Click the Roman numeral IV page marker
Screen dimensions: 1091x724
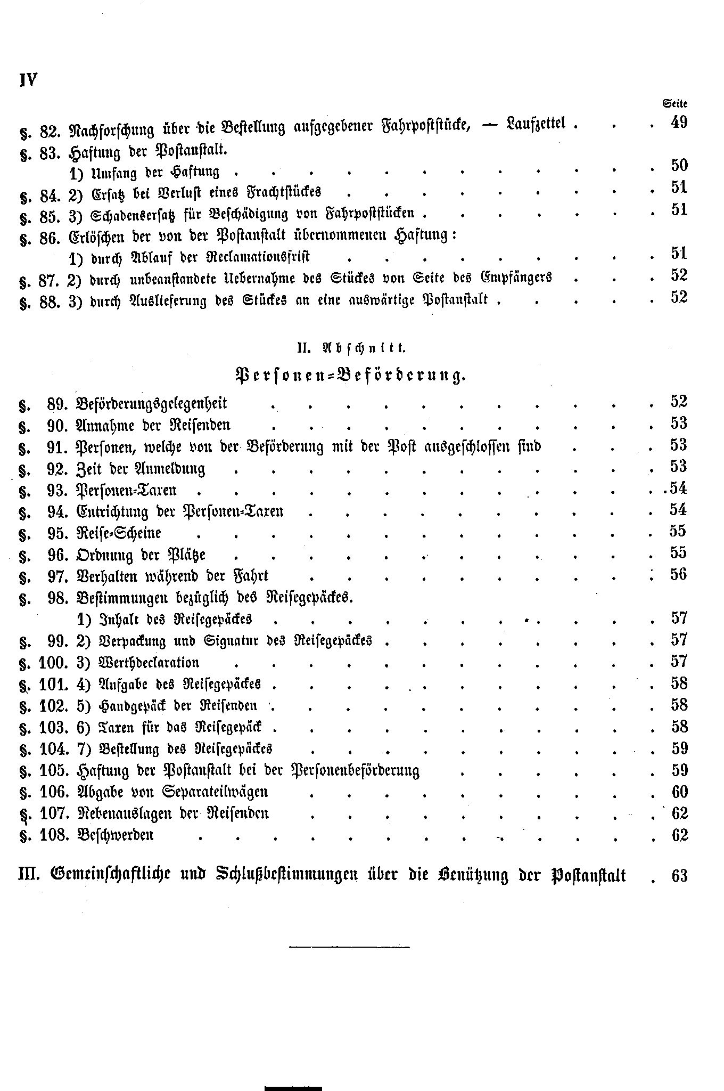pyautogui.click(x=28, y=80)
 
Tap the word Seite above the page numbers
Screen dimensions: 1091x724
pyautogui.click(x=675, y=104)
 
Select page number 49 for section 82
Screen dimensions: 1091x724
pyautogui.click(x=679, y=123)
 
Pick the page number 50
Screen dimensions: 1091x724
pyautogui.click(x=679, y=165)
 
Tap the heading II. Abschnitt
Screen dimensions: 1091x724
pyautogui.click(x=351, y=348)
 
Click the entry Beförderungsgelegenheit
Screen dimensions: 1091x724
pyautogui.click(x=152, y=403)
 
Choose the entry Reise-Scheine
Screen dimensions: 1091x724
pyautogui.click(x=119, y=533)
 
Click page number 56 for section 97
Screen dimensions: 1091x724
pyautogui.click(x=679, y=574)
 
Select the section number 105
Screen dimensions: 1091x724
pyautogui.click(x=53, y=770)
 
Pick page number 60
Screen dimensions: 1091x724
pyautogui.click(x=680, y=792)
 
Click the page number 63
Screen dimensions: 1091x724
pyautogui.click(x=680, y=876)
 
